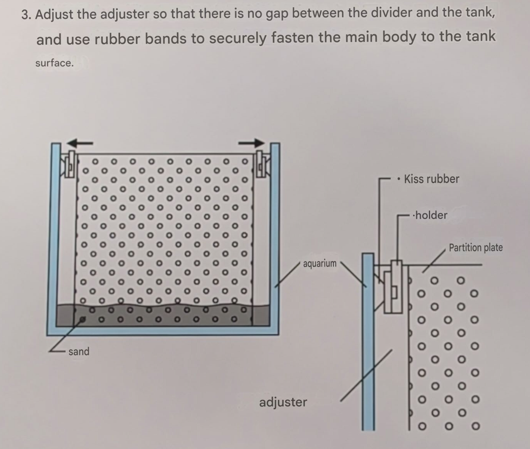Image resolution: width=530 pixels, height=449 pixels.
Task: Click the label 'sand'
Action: point(79,352)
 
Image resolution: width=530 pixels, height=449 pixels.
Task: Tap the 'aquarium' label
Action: point(320,263)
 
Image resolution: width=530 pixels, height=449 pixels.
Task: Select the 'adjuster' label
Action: point(283,403)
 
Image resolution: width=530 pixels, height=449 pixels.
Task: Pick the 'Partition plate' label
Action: point(475,248)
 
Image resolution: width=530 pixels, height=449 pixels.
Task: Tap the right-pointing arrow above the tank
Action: point(251,143)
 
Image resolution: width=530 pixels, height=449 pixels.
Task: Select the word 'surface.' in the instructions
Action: point(55,63)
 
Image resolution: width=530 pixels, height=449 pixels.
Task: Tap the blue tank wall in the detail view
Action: point(368,341)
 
